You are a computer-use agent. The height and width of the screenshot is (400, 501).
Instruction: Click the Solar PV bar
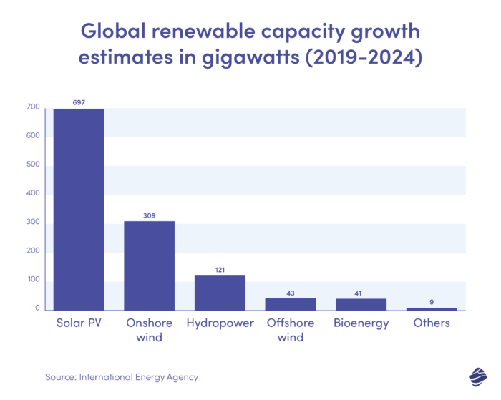(79, 210)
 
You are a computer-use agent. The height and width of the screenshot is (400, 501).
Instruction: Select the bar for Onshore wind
(150, 265)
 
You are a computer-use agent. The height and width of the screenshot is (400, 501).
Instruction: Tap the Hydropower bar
(220, 293)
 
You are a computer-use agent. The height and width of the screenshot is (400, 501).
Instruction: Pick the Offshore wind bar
(291, 304)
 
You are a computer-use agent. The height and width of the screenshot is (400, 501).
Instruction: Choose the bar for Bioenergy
(361, 304)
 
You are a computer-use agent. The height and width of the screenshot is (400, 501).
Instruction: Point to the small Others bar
(432, 308)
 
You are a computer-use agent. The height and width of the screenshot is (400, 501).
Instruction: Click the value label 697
(79, 103)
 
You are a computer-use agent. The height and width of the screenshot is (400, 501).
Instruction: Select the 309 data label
(150, 215)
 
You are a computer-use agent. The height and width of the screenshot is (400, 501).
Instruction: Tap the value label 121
(220, 270)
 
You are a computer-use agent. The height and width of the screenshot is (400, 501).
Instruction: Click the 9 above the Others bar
(432, 302)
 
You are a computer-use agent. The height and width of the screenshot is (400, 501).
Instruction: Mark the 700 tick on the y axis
(33, 107)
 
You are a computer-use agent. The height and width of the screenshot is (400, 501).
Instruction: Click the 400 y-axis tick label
(33, 194)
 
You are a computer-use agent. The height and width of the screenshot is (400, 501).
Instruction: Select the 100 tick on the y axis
(33, 280)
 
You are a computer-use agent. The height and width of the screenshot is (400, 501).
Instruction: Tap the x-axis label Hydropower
(220, 323)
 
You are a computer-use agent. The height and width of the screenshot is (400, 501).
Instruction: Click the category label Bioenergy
(361, 323)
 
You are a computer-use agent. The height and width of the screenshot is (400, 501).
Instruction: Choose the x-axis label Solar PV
(79, 323)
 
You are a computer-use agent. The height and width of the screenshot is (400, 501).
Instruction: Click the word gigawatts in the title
(223, 59)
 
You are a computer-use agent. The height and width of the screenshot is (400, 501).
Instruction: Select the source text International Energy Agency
(139, 376)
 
